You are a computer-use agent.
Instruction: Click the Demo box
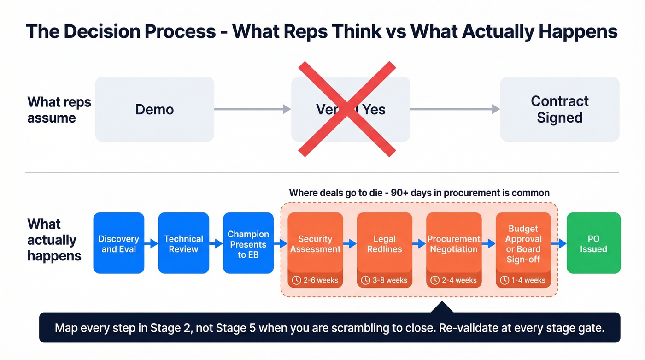click(x=154, y=109)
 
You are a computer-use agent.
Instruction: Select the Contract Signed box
click(x=559, y=109)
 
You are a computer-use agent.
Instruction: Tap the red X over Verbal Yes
click(x=347, y=109)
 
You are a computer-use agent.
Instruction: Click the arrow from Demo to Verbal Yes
click(x=252, y=109)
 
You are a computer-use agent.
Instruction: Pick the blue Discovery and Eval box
click(x=119, y=243)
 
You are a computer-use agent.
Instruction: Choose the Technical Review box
click(x=183, y=243)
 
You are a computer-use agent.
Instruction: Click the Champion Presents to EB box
click(x=248, y=243)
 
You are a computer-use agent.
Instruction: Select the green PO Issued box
click(x=593, y=243)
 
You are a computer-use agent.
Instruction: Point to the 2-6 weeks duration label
click(x=321, y=280)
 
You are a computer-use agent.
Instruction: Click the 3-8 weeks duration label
click(x=390, y=280)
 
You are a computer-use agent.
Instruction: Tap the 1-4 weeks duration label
click(x=528, y=280)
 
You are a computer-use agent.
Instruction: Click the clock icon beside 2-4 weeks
click(x=434, y=280)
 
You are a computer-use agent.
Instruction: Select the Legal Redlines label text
click(x=384, y=244)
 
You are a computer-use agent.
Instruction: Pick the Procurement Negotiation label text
click(x=454, y=244)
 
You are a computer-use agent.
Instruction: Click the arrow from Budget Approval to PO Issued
click(x=559, y=243)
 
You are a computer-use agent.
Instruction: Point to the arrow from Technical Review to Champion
click(x=216, y=243)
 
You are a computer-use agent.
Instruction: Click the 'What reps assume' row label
click(x=59, y=110)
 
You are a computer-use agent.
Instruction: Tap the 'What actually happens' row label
click(x=54, y=240)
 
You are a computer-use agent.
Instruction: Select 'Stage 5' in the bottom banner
click(x=236, y=328)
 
